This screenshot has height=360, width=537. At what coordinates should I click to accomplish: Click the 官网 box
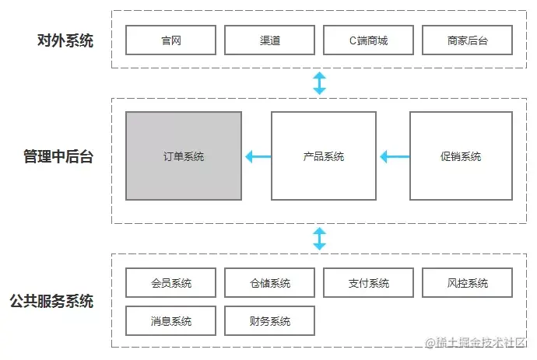pos(170,40)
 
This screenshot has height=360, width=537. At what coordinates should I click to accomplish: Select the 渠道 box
pos(269,40)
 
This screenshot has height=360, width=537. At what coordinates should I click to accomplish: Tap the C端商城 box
pos(368,40)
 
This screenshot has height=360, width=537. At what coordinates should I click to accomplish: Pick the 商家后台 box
pos(468,40)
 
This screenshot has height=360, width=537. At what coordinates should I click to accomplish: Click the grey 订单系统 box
pos(184,156)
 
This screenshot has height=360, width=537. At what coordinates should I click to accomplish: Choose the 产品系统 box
pos(324,156)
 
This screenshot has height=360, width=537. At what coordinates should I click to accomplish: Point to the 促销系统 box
pos(460,156)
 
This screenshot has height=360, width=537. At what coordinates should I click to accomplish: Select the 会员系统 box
pos(170,283)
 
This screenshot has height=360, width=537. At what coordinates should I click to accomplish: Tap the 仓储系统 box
pos(269,283)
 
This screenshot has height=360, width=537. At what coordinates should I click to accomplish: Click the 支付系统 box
pos(368,283)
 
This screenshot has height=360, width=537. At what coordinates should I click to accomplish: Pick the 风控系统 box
pos(468,283)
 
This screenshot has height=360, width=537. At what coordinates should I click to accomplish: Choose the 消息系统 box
pos(170,320)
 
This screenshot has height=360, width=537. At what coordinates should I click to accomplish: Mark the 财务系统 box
pos(269,320)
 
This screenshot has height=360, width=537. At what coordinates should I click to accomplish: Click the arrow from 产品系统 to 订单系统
pos(257,157)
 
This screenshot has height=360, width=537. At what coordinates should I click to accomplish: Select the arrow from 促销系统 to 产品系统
pos(394,157)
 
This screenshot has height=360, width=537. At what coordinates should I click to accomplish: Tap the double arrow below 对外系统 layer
pos(319,82)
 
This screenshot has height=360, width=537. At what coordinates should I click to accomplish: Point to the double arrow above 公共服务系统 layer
pos(319,239)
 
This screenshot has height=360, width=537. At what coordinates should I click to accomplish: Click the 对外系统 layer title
pos(65,40)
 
